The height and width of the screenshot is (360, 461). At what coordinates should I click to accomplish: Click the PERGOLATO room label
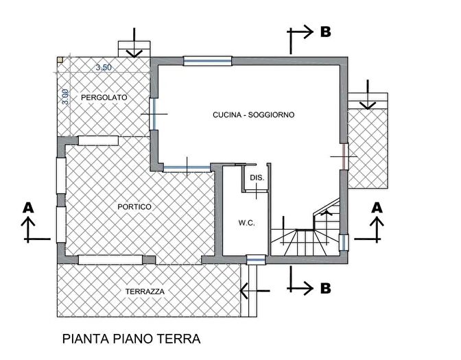coord(104,98)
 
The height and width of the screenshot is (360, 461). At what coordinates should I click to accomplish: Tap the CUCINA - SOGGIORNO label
coord(253,115)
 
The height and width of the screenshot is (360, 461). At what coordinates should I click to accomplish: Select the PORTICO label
coord(134,206)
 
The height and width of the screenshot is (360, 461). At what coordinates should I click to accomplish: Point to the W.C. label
coord(246,223)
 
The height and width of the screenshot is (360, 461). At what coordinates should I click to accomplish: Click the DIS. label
coord(257,178)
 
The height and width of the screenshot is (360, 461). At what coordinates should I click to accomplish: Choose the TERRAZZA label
coord(145,291)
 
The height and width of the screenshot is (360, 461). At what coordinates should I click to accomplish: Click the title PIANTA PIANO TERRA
coord(130,339)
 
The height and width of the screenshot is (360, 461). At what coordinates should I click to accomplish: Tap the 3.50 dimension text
coord(104,67)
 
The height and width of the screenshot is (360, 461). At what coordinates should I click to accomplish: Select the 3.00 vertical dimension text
coord(65,97)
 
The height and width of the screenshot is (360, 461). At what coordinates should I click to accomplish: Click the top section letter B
coord(326,32)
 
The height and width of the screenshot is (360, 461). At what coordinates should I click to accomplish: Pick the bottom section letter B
coord(326,289)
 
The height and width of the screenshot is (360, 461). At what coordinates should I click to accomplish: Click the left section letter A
coord(28,206)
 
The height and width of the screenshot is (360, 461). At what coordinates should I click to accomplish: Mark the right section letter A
coord(377,206)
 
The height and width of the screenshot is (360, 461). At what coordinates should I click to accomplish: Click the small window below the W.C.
coord(255,259)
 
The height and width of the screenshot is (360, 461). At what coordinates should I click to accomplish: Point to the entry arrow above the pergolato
coord(134,44)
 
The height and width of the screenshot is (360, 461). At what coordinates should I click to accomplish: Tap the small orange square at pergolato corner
coord(60,60)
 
